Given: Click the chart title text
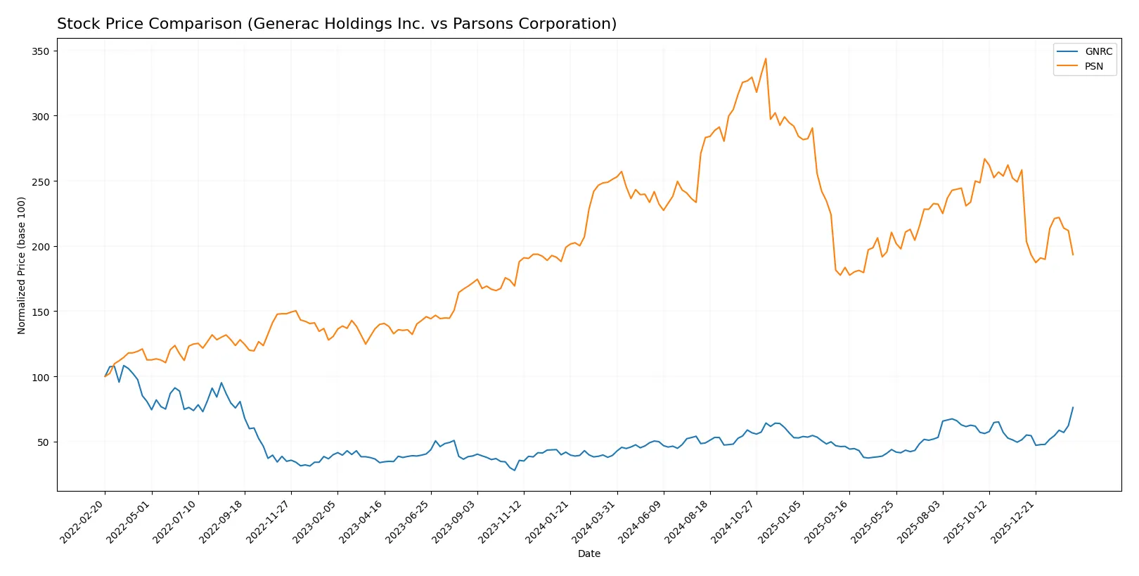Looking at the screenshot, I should click(336, 24).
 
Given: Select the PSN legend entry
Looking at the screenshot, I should click(1093, 66).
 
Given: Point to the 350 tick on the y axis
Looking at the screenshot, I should click(41, 51).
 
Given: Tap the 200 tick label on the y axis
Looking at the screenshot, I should click(41, 247).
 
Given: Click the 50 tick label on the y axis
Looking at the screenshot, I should click(44, 442).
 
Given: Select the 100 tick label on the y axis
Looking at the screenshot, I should click(41, 377).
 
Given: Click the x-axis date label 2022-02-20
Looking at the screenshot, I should click(82, 522).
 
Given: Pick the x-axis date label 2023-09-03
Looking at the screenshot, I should click(454, 522).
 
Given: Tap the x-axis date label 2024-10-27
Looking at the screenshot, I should click(733, 522).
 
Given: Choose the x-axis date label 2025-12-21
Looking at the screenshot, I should click(1012, 522).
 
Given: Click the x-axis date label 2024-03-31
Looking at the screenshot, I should click(594, 522).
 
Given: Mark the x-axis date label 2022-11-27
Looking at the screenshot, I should click(268, 522).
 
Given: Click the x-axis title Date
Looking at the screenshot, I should click(588, 553).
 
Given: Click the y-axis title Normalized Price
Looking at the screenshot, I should click(21, 265).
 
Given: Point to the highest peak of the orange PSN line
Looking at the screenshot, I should click(766, 58).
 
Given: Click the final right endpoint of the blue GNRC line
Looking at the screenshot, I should click(1073, 407).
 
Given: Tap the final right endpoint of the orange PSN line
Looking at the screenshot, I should click(1073, 255).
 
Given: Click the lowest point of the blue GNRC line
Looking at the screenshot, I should click(515, 470).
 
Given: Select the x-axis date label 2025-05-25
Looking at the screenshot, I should click(873, 522).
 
